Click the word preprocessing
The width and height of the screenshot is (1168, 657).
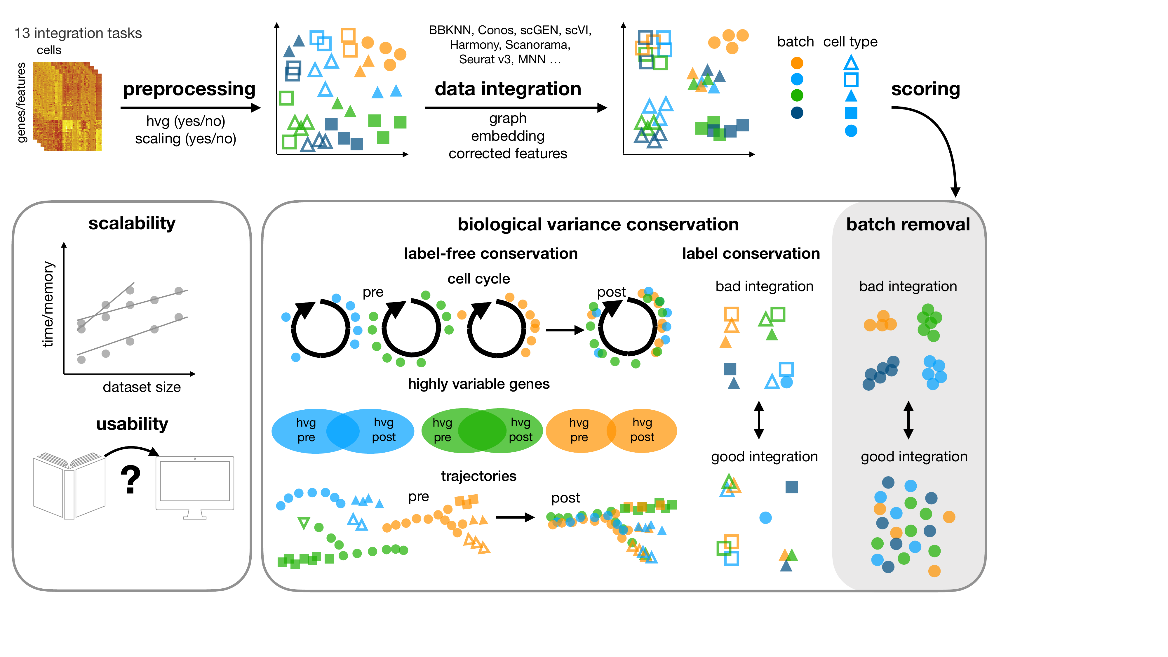tap(189, 89)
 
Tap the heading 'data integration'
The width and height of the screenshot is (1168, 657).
tap(508, 89)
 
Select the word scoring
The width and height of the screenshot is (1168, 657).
tap(925, 89)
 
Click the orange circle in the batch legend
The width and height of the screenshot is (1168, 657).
tap(797, 63)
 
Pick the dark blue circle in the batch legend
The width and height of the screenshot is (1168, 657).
tap(797, 112)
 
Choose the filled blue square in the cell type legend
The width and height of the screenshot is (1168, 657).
tap(851, 113)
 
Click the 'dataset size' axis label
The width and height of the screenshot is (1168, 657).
tap(142, 387)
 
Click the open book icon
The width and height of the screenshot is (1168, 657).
tap(69, 485)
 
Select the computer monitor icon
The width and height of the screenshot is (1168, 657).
tap(195, 486)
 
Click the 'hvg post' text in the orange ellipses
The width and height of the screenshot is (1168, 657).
tap(642, 430)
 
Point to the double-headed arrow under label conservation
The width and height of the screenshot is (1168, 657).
tap(758, 420)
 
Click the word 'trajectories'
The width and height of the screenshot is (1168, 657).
tap(478, 476)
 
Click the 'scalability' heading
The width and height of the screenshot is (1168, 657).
tap(132, 224)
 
